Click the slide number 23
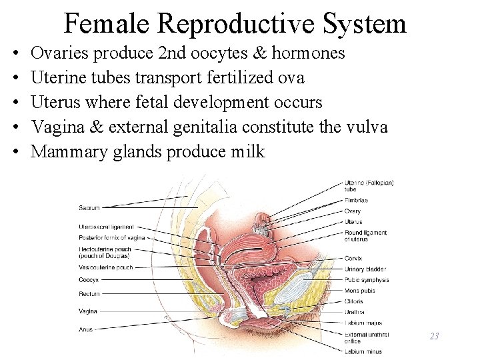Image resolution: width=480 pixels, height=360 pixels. (434, 336)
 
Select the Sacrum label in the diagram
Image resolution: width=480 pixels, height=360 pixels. (89, 207)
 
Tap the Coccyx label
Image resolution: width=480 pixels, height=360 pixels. (89, 280)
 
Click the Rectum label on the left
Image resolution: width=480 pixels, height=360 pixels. (89, 293)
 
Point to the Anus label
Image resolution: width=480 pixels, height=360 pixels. (85, 328)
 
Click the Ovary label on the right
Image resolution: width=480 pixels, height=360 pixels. (353, 211)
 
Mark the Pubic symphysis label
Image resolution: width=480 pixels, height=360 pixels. (367, 279)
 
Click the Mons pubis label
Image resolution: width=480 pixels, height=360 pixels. (361, 290)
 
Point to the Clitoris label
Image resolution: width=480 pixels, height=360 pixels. (355, 301)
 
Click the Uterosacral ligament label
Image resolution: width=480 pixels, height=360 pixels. (106, 227)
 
